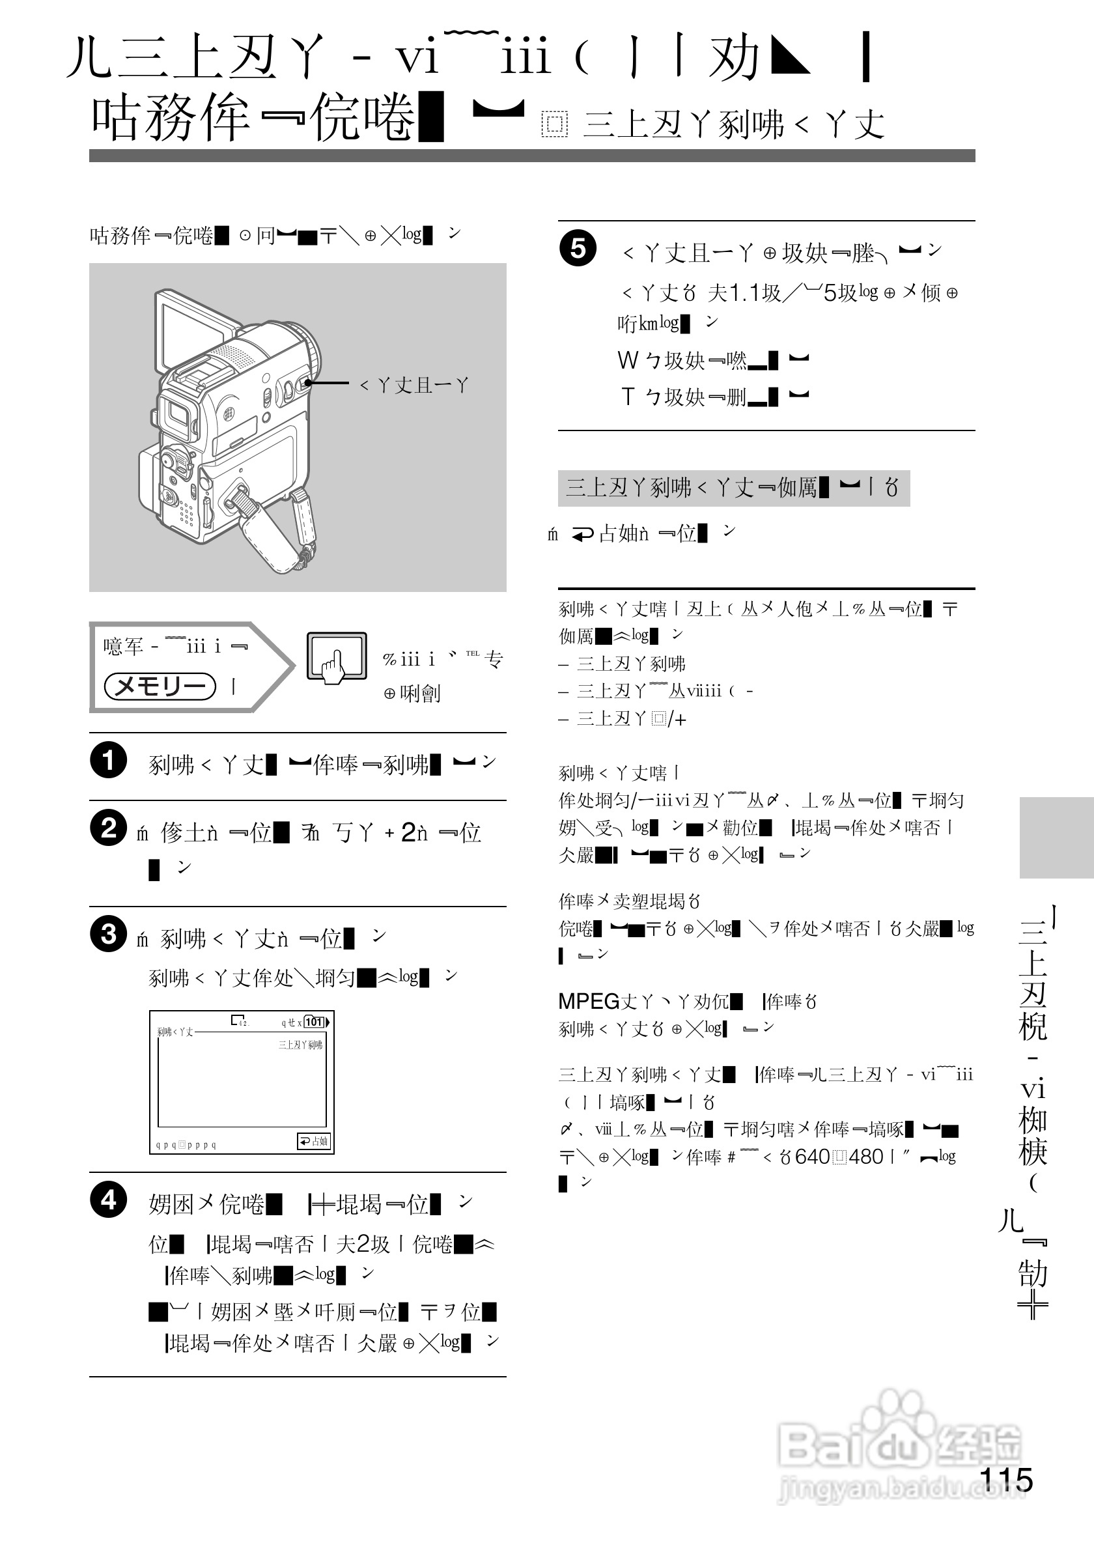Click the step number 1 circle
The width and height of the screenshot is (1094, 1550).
[x=108, y=760]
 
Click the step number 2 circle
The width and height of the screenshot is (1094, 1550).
[x=108, y=828]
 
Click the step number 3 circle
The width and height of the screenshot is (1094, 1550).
[x=108, y=934]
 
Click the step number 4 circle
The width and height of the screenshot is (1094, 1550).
[x=108, y=1200]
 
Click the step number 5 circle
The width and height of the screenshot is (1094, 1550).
[x=578, y=248]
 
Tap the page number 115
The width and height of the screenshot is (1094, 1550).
[x=1005, y=1480]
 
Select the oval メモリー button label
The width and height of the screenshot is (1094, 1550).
[x=160, y=686]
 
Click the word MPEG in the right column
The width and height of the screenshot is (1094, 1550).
[x=589, y=1001]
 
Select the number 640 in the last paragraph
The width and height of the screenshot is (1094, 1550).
[x=813, y=1157]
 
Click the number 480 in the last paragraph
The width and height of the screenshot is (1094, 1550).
[x=866, y=1157]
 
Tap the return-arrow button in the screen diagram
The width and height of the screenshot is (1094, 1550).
[x=313, y=1141]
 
